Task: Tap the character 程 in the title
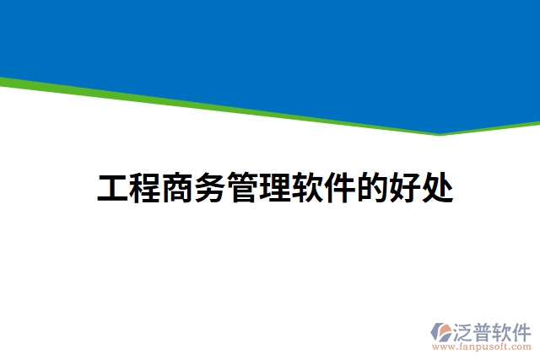pyautogui.click(x=147, y=189)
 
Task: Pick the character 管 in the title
pyautogui.click(x=244, y=189)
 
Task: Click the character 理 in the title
pyautogui.click(x=276, y=189)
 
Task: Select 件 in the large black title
pyautogui.click(x=341, y=189)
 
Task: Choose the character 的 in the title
pyautogui.click(x=373, y=189)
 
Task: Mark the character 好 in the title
pyautogui.click(x=406, y=189)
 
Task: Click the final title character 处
pyautogui.click(x=438, y=189)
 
